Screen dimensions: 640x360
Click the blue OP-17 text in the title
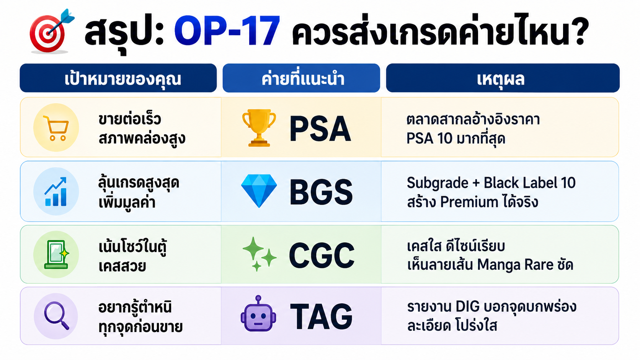(227, 31)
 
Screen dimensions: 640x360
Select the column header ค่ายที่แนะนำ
(303, 79)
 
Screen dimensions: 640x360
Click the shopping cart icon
(56, 128)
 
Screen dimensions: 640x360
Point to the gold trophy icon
(259, 128)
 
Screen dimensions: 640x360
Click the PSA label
(320, 129)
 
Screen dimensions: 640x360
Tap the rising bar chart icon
(56, 192)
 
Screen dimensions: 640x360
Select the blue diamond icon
(259, 191)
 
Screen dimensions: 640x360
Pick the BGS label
(321, 192)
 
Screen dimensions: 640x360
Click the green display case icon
(56, 255)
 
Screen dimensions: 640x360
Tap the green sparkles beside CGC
(259, 254)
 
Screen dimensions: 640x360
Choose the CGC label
(322, 256)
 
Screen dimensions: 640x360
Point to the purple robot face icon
(258, 313)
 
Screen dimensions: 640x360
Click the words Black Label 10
(530, 183)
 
